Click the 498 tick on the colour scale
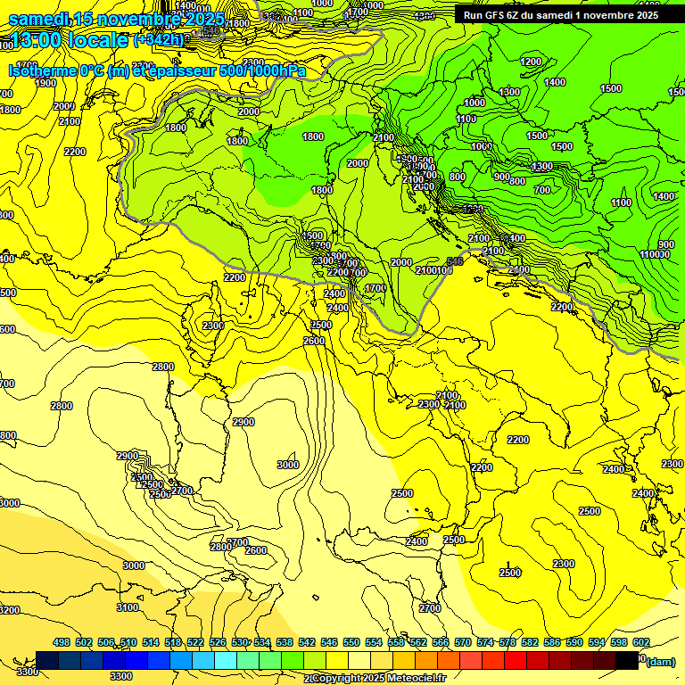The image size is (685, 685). point(62,642)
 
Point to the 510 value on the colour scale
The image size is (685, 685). point(128,642)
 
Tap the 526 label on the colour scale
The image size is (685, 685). point(218,642)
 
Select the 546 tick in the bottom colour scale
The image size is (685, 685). point(329,642)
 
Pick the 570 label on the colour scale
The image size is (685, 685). point(463,642)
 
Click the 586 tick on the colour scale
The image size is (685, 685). point(552,642)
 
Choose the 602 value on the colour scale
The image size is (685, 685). point(641,642)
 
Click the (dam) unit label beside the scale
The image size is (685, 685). point(660,661)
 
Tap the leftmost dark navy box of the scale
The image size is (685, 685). point(47,660)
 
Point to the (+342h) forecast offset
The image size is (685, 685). point(159,40)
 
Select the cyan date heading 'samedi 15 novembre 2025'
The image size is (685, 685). point(116,18)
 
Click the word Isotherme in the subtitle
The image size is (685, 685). point(41,71)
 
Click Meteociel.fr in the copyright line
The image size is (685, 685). point(411,679)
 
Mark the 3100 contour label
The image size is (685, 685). point(128,607)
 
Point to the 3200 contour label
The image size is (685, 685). point(7,610)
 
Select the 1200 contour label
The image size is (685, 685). point(531,62)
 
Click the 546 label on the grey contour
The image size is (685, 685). point(455,261)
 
